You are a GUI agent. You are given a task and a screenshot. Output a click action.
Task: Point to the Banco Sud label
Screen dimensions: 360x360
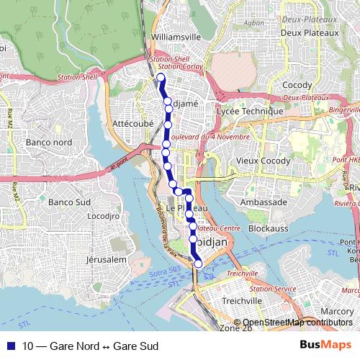point(67,202)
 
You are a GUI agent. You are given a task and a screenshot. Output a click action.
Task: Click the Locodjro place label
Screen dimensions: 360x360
point(102,215)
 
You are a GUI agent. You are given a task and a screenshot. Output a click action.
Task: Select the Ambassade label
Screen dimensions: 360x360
point(264,202)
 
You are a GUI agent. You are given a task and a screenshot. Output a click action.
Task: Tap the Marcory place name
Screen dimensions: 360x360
point(337,311)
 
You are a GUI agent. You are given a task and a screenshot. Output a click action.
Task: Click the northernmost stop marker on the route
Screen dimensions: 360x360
point(161,78)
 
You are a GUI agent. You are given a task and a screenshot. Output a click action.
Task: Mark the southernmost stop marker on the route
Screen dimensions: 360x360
point(198,264)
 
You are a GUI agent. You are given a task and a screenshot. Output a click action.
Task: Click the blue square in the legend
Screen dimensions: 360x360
point(11,346)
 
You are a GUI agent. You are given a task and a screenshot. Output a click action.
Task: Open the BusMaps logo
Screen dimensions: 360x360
point(325,346)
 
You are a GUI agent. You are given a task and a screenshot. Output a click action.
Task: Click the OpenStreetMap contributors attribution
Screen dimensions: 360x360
point(294,322)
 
